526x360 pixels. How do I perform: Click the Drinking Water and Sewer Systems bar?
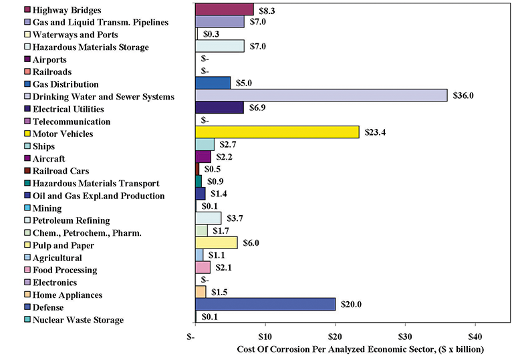[x=321, y=96]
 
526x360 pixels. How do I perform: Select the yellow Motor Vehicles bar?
[x=277, y=132]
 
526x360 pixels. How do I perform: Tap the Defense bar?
[x=265, y=305]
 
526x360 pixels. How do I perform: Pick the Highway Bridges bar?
[x=224, y=9]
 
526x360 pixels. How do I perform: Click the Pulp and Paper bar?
[x=216, y=242]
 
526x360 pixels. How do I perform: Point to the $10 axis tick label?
[x=265, y=335]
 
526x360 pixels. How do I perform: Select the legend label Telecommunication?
[x=72, y=122]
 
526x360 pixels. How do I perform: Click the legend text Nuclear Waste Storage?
[x=78, y=320]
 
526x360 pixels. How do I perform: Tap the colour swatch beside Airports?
[x=26, y=59]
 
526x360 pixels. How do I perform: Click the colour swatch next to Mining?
[x=26, y=208]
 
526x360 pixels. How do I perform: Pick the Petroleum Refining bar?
[x=208, y=218]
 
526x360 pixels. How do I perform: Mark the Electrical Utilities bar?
[x=219, y=108]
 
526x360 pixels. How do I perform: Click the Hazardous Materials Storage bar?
[x=219, y=46]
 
